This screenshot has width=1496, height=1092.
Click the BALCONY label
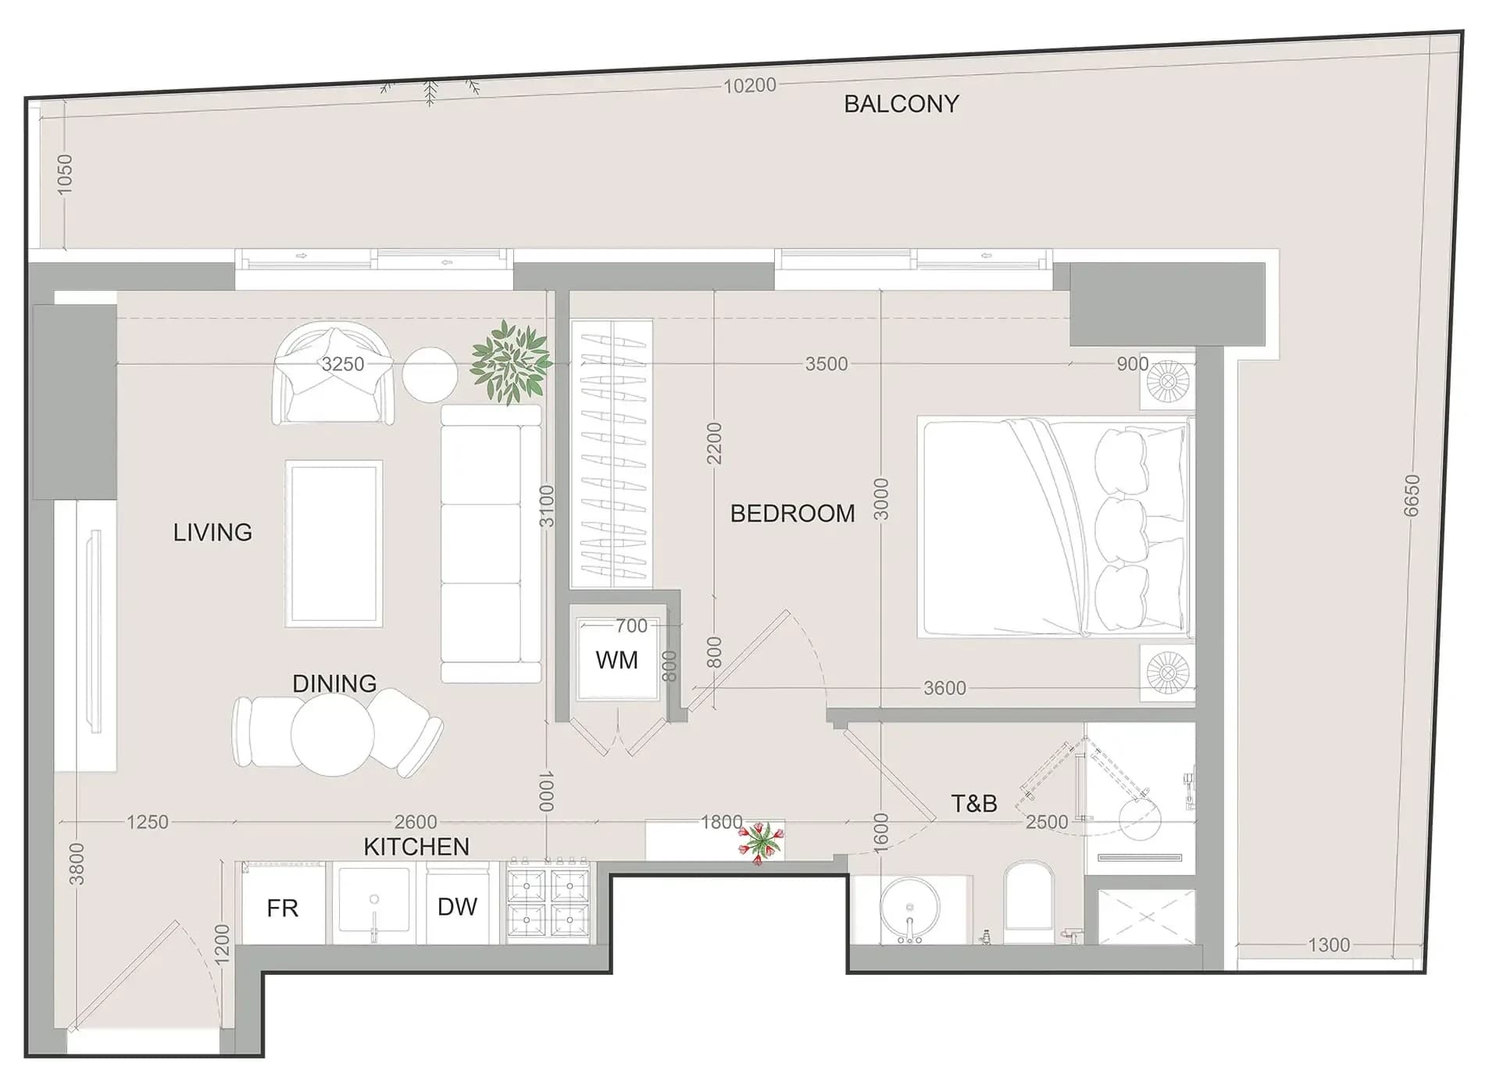click(901, 104)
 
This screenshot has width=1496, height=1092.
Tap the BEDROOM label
click(792, 513)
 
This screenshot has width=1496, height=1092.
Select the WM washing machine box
click(617, 659)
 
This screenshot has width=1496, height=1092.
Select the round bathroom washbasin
click(909, 908)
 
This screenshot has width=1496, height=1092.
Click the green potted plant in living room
click(511, 362)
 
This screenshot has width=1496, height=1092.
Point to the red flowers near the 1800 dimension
click(759, 841)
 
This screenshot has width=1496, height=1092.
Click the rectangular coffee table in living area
click(334, 544)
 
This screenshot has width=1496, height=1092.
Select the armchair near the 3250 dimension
click(333, 374)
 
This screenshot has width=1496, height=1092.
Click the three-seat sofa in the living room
click(491, 544)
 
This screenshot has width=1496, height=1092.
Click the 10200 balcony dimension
click(750, 85)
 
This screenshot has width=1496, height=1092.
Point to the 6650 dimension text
click(1412, 496)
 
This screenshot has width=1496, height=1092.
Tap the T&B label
click(974, 803)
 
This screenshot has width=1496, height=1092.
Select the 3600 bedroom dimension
click(944, 688)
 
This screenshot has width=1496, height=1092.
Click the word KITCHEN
click(416, 847)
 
